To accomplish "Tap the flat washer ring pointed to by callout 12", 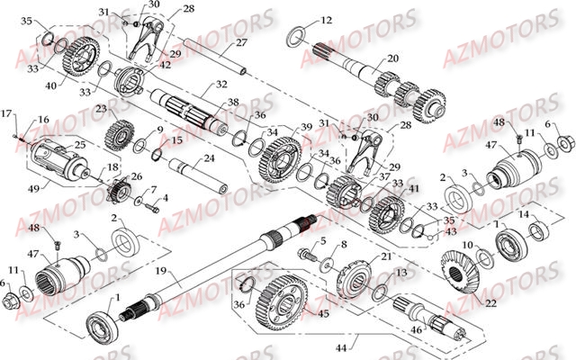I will pos(294,37).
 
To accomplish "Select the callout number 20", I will pos(392,58).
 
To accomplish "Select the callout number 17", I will pos(6,113).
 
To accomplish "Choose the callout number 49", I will pos(34,188).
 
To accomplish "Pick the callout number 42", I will pos(164,64).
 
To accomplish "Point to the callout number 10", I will pos(466,244).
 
